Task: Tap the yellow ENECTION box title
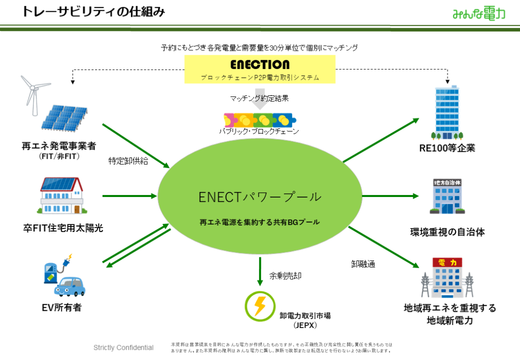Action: click(x=259, y=65)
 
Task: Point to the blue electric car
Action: click(x=68, y=286)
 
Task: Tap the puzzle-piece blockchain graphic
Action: click(x=260, y=119)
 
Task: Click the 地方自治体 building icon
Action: click(x=446, y=195)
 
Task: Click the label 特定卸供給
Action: click(x=128, y=161)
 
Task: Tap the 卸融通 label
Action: click(x=363, y=264)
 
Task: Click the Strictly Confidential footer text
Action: click(x=123, y=348)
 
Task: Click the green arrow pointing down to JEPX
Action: click(x=259, y=270)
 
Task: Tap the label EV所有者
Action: click(x=61, y=307)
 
